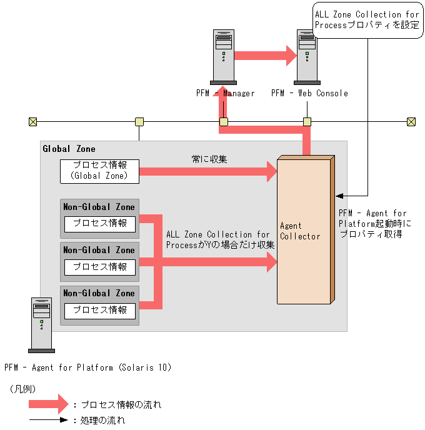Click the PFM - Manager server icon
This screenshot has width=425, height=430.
click(223, 57)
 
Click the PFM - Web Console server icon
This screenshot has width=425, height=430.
click(307, 57)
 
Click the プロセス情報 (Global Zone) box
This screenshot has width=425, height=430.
click(99, 171)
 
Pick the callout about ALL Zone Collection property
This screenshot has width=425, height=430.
click(366, 20)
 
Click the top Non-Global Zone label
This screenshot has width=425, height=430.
click(99, 207)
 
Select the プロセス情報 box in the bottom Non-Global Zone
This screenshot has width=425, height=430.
click(100, 310)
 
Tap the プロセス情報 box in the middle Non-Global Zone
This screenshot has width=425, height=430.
click(100, 267)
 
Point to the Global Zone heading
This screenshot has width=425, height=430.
click(69, 149)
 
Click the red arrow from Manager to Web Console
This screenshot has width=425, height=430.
click(265, 54)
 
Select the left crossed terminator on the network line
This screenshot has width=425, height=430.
click(32, 122)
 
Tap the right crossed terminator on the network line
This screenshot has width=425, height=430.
click(411, 122)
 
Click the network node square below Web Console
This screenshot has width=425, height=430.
click(307, 122)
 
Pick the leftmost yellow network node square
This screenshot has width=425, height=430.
click(139, 122)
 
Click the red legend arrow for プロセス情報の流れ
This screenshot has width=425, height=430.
click(47, 404)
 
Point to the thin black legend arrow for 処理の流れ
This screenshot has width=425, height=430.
click(47, 420)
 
